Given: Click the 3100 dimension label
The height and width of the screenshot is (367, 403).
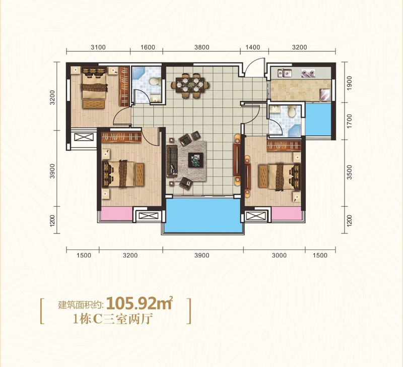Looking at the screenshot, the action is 98,47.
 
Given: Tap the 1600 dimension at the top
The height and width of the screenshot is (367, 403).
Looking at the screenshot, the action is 148,47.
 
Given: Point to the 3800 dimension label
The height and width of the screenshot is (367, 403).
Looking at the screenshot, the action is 202,47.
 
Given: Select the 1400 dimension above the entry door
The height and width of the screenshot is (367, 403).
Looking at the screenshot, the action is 253,47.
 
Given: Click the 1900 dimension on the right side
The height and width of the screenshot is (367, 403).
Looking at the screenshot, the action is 349,83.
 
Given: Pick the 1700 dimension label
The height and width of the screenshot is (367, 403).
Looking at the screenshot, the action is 349,121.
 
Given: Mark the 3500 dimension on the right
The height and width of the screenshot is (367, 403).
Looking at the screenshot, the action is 349,172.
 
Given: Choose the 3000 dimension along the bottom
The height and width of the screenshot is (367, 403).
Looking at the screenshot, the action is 279,256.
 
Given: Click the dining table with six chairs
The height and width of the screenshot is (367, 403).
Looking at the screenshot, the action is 190,86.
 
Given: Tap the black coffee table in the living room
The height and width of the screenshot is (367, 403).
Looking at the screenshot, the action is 195,160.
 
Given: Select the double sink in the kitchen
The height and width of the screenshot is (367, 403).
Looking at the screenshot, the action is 285,73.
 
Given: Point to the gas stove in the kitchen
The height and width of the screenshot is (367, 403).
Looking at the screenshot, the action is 308,74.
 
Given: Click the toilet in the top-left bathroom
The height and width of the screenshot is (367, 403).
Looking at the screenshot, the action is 155,82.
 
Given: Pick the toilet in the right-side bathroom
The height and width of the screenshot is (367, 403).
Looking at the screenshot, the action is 292,111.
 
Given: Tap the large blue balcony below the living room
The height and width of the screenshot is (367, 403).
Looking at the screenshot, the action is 204,215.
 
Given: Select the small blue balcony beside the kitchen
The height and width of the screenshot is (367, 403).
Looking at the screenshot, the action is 318,119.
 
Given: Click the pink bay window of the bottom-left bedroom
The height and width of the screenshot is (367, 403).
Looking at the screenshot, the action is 116,213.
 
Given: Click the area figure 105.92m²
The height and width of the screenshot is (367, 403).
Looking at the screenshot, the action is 140,303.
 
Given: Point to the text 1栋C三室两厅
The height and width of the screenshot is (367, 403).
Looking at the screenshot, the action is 113,320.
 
